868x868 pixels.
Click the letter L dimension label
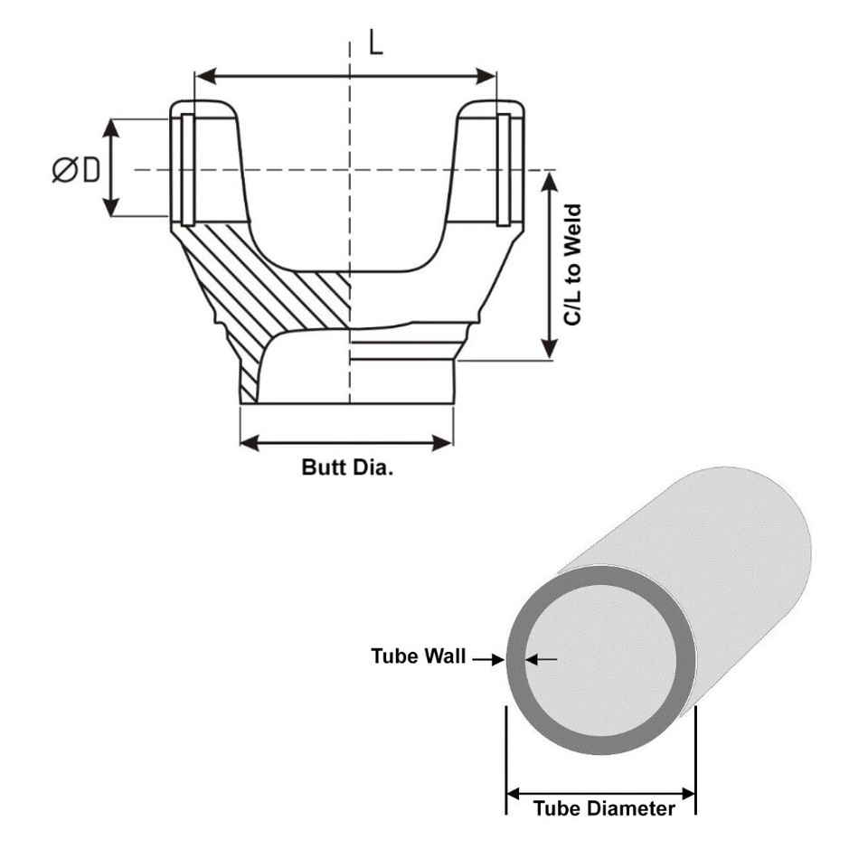point(375,42)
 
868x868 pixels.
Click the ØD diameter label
point(76,169)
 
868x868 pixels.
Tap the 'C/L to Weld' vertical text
point(571,266)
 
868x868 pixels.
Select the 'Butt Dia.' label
point(347,467)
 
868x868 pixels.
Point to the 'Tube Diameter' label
point(603,808)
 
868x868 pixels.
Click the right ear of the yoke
point(488,163)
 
